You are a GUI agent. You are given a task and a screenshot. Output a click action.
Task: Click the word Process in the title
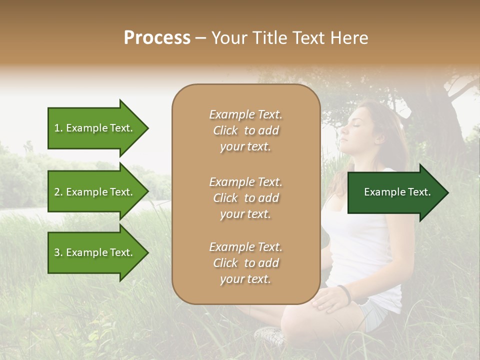tap(157, 38)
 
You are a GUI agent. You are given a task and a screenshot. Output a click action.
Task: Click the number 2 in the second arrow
tap(57, 192)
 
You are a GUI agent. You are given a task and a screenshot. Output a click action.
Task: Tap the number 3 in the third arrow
tap(57, 252)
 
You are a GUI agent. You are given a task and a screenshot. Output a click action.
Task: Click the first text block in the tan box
tap(245, 130)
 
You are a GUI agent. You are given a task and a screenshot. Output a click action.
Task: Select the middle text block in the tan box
tap(245, 198)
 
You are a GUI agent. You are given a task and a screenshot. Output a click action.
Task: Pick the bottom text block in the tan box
tap(245, 263)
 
